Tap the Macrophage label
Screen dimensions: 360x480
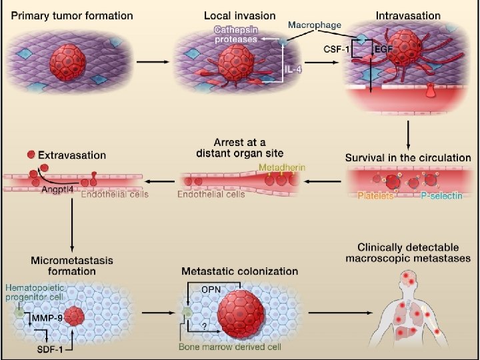(x=313, y=25)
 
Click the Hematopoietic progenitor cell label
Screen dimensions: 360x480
(x=37, y=291)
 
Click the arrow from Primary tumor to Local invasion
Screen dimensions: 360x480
(x=152, y=61)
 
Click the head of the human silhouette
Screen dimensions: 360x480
(x=411, y=283)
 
